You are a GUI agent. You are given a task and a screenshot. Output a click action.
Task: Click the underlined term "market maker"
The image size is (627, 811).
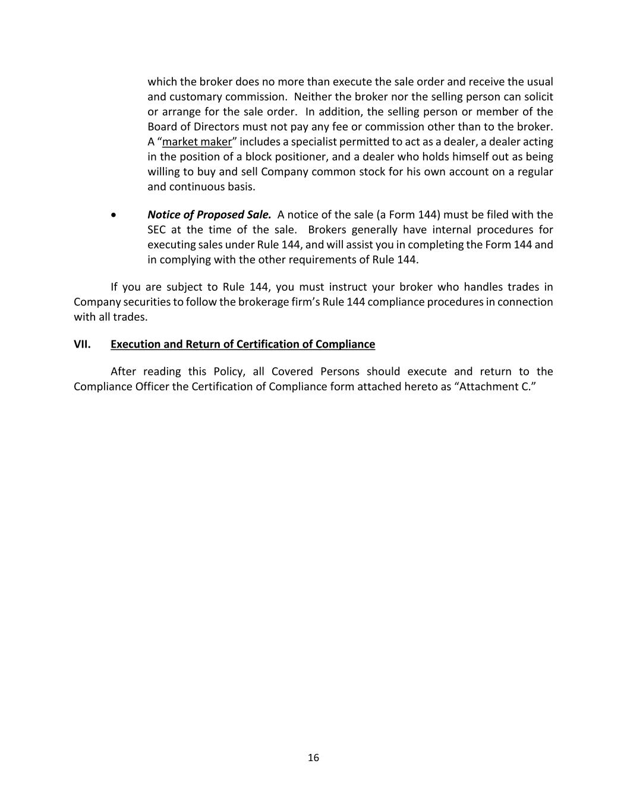click(197, 142)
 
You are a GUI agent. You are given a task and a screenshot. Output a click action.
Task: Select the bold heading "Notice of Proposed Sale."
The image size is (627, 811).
click(209, 214)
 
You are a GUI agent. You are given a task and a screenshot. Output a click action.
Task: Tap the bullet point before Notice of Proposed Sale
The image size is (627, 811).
click(114, 215)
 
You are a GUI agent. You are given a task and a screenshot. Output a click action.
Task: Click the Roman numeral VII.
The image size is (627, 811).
click(82, 345)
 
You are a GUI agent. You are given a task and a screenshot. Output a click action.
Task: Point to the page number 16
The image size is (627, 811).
click(313, 758)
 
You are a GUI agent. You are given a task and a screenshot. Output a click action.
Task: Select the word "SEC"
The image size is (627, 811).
click(156, 230)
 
